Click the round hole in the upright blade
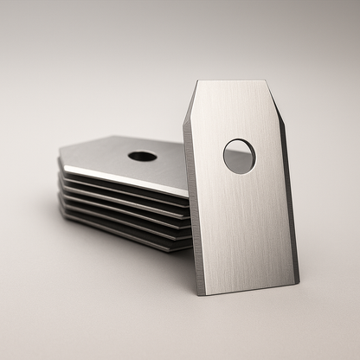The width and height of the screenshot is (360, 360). click(x=239, y=156)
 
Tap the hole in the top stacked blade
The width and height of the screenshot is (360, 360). click(x=142, y=157)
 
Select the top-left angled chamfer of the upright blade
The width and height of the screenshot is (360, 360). click(x=191, y=100)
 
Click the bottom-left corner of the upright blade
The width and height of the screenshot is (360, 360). click(x=201, y=293)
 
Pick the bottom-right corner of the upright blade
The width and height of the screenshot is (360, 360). click(x=297, y=282)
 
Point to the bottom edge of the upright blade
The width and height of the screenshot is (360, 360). click(x=249, y=289)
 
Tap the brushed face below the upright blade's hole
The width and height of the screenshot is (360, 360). click(x=247, y=225)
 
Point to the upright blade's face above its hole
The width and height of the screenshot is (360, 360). click(x=235, y=112)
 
